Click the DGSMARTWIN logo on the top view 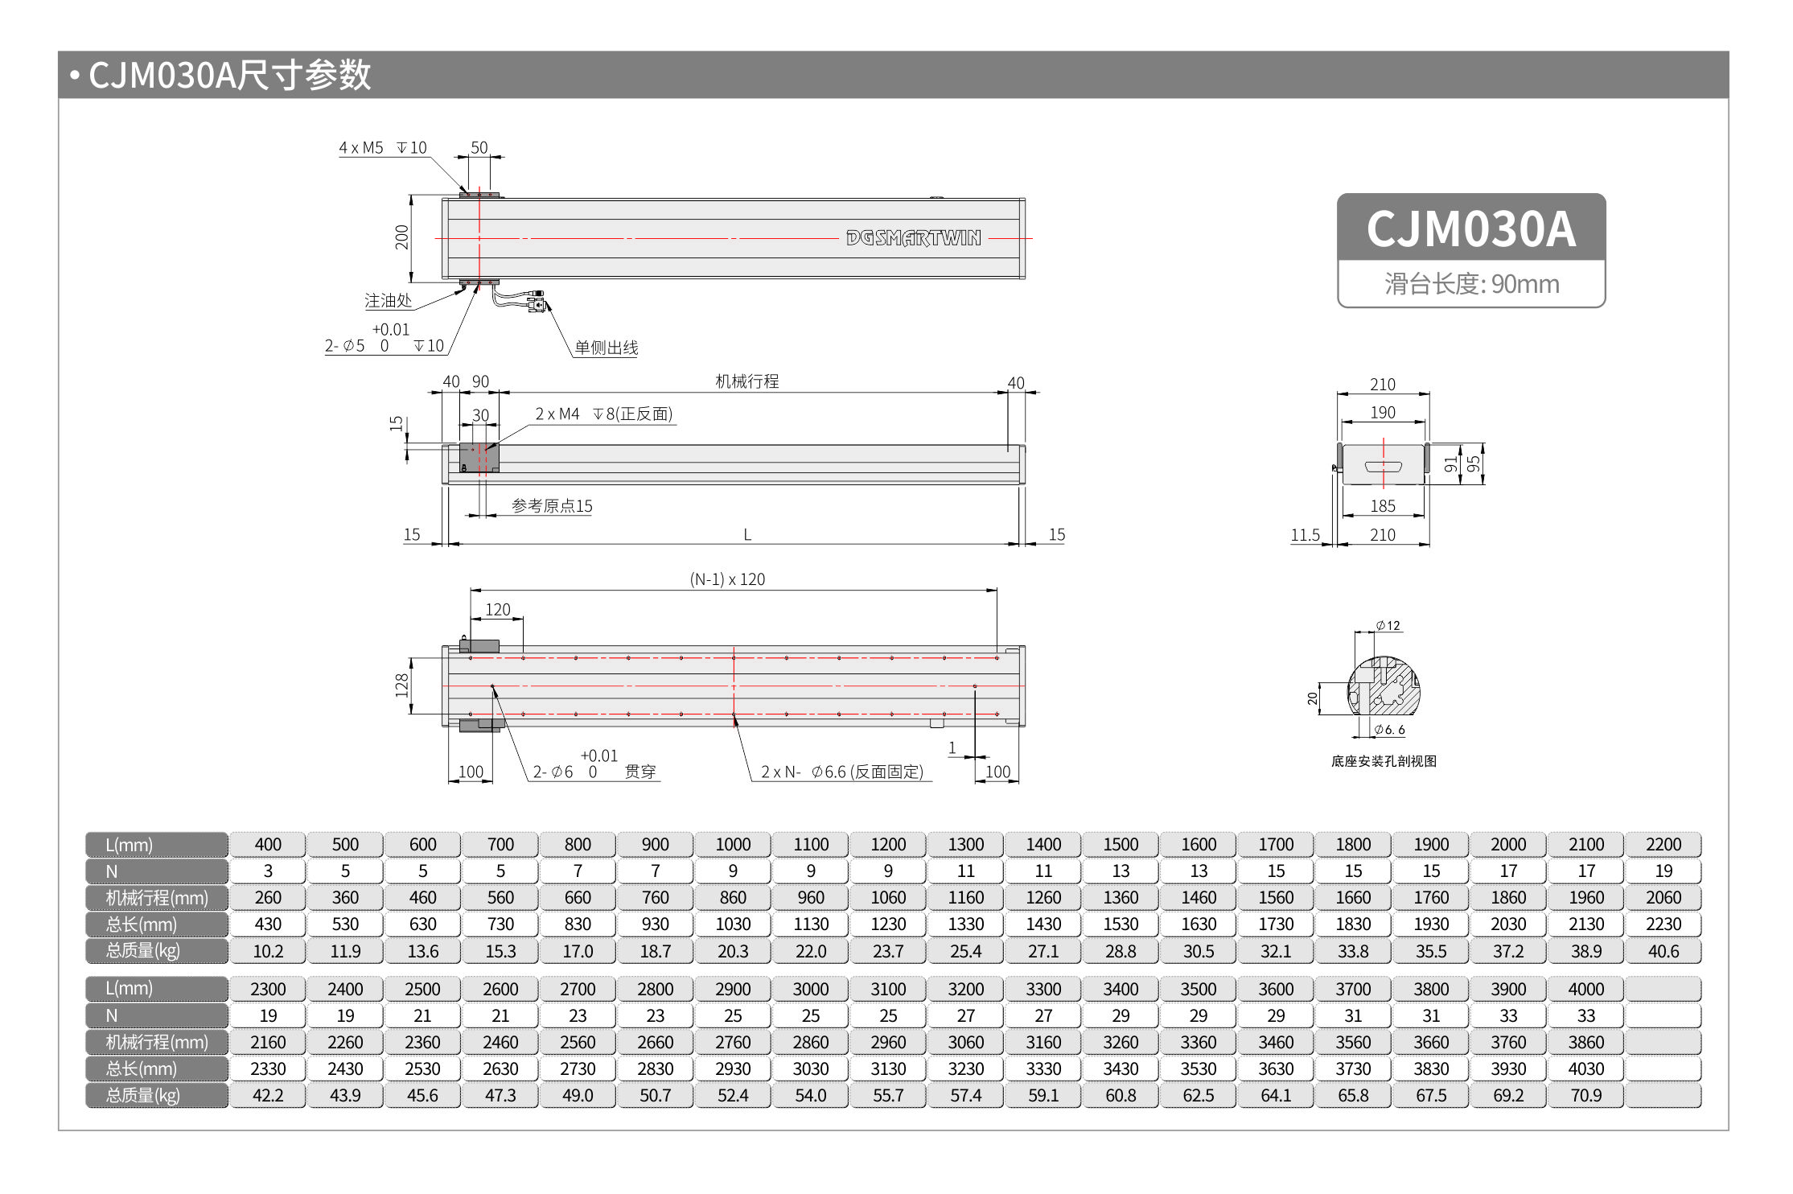(913, 238)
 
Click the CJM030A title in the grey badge (1470, 229)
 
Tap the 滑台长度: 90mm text (1470, 284)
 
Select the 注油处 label (388, 301)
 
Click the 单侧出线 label (606, 348)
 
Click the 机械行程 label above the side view (746, 381)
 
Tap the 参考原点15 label (552, 506)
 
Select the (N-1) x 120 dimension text (727, 579)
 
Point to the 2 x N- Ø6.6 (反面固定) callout (841, 772)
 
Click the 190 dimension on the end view (1383, 413)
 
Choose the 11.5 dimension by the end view (1305, 535)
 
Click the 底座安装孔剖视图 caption (1383, 761)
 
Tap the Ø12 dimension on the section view (1388, 626)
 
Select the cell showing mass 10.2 (268, 951)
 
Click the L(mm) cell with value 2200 (1663, 845)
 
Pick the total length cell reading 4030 (1585, 1069)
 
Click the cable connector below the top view (536, 303)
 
